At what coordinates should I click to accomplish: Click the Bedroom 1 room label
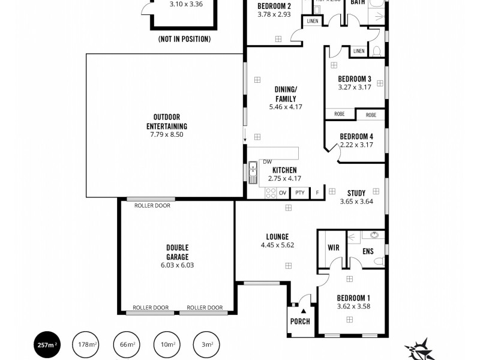pyautogui.click(x=353, y=298)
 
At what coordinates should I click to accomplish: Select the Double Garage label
pyautogui.click(x=177, y=252)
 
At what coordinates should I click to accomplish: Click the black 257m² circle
pyautogui.click(x=46, y=344)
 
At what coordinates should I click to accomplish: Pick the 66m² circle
pyautogui.click(x=126, y=344)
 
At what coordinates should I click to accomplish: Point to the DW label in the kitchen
pyautogui.click(x=267, y=161)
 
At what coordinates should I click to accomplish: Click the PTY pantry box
pyautogui.click(x=300, y=193)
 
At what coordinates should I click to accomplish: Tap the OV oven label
pyautogui.click(x=282, y=193)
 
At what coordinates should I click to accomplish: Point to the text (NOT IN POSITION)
pyautogui.click(x=184, y=39)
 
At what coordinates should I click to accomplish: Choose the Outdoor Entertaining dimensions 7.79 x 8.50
pyautogui.click(x=167, y=135)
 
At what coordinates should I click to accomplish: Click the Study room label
pyautogui.click(x=356, y=193)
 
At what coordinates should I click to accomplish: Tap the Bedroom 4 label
pyautogui.click(x=356, y=136)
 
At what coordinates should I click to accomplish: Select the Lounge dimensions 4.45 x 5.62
pyautogui.click(x=277, y=245)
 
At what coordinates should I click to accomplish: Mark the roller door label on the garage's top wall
pyautogui.click(x=152, y=205)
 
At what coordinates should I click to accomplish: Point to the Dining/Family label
pyautogui.click(x=286, y=94)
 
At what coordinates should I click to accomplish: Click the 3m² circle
pyautogui.click(x=206, y=344)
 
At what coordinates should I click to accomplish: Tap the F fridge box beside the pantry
pyautogui.click(x=317, y=193)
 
